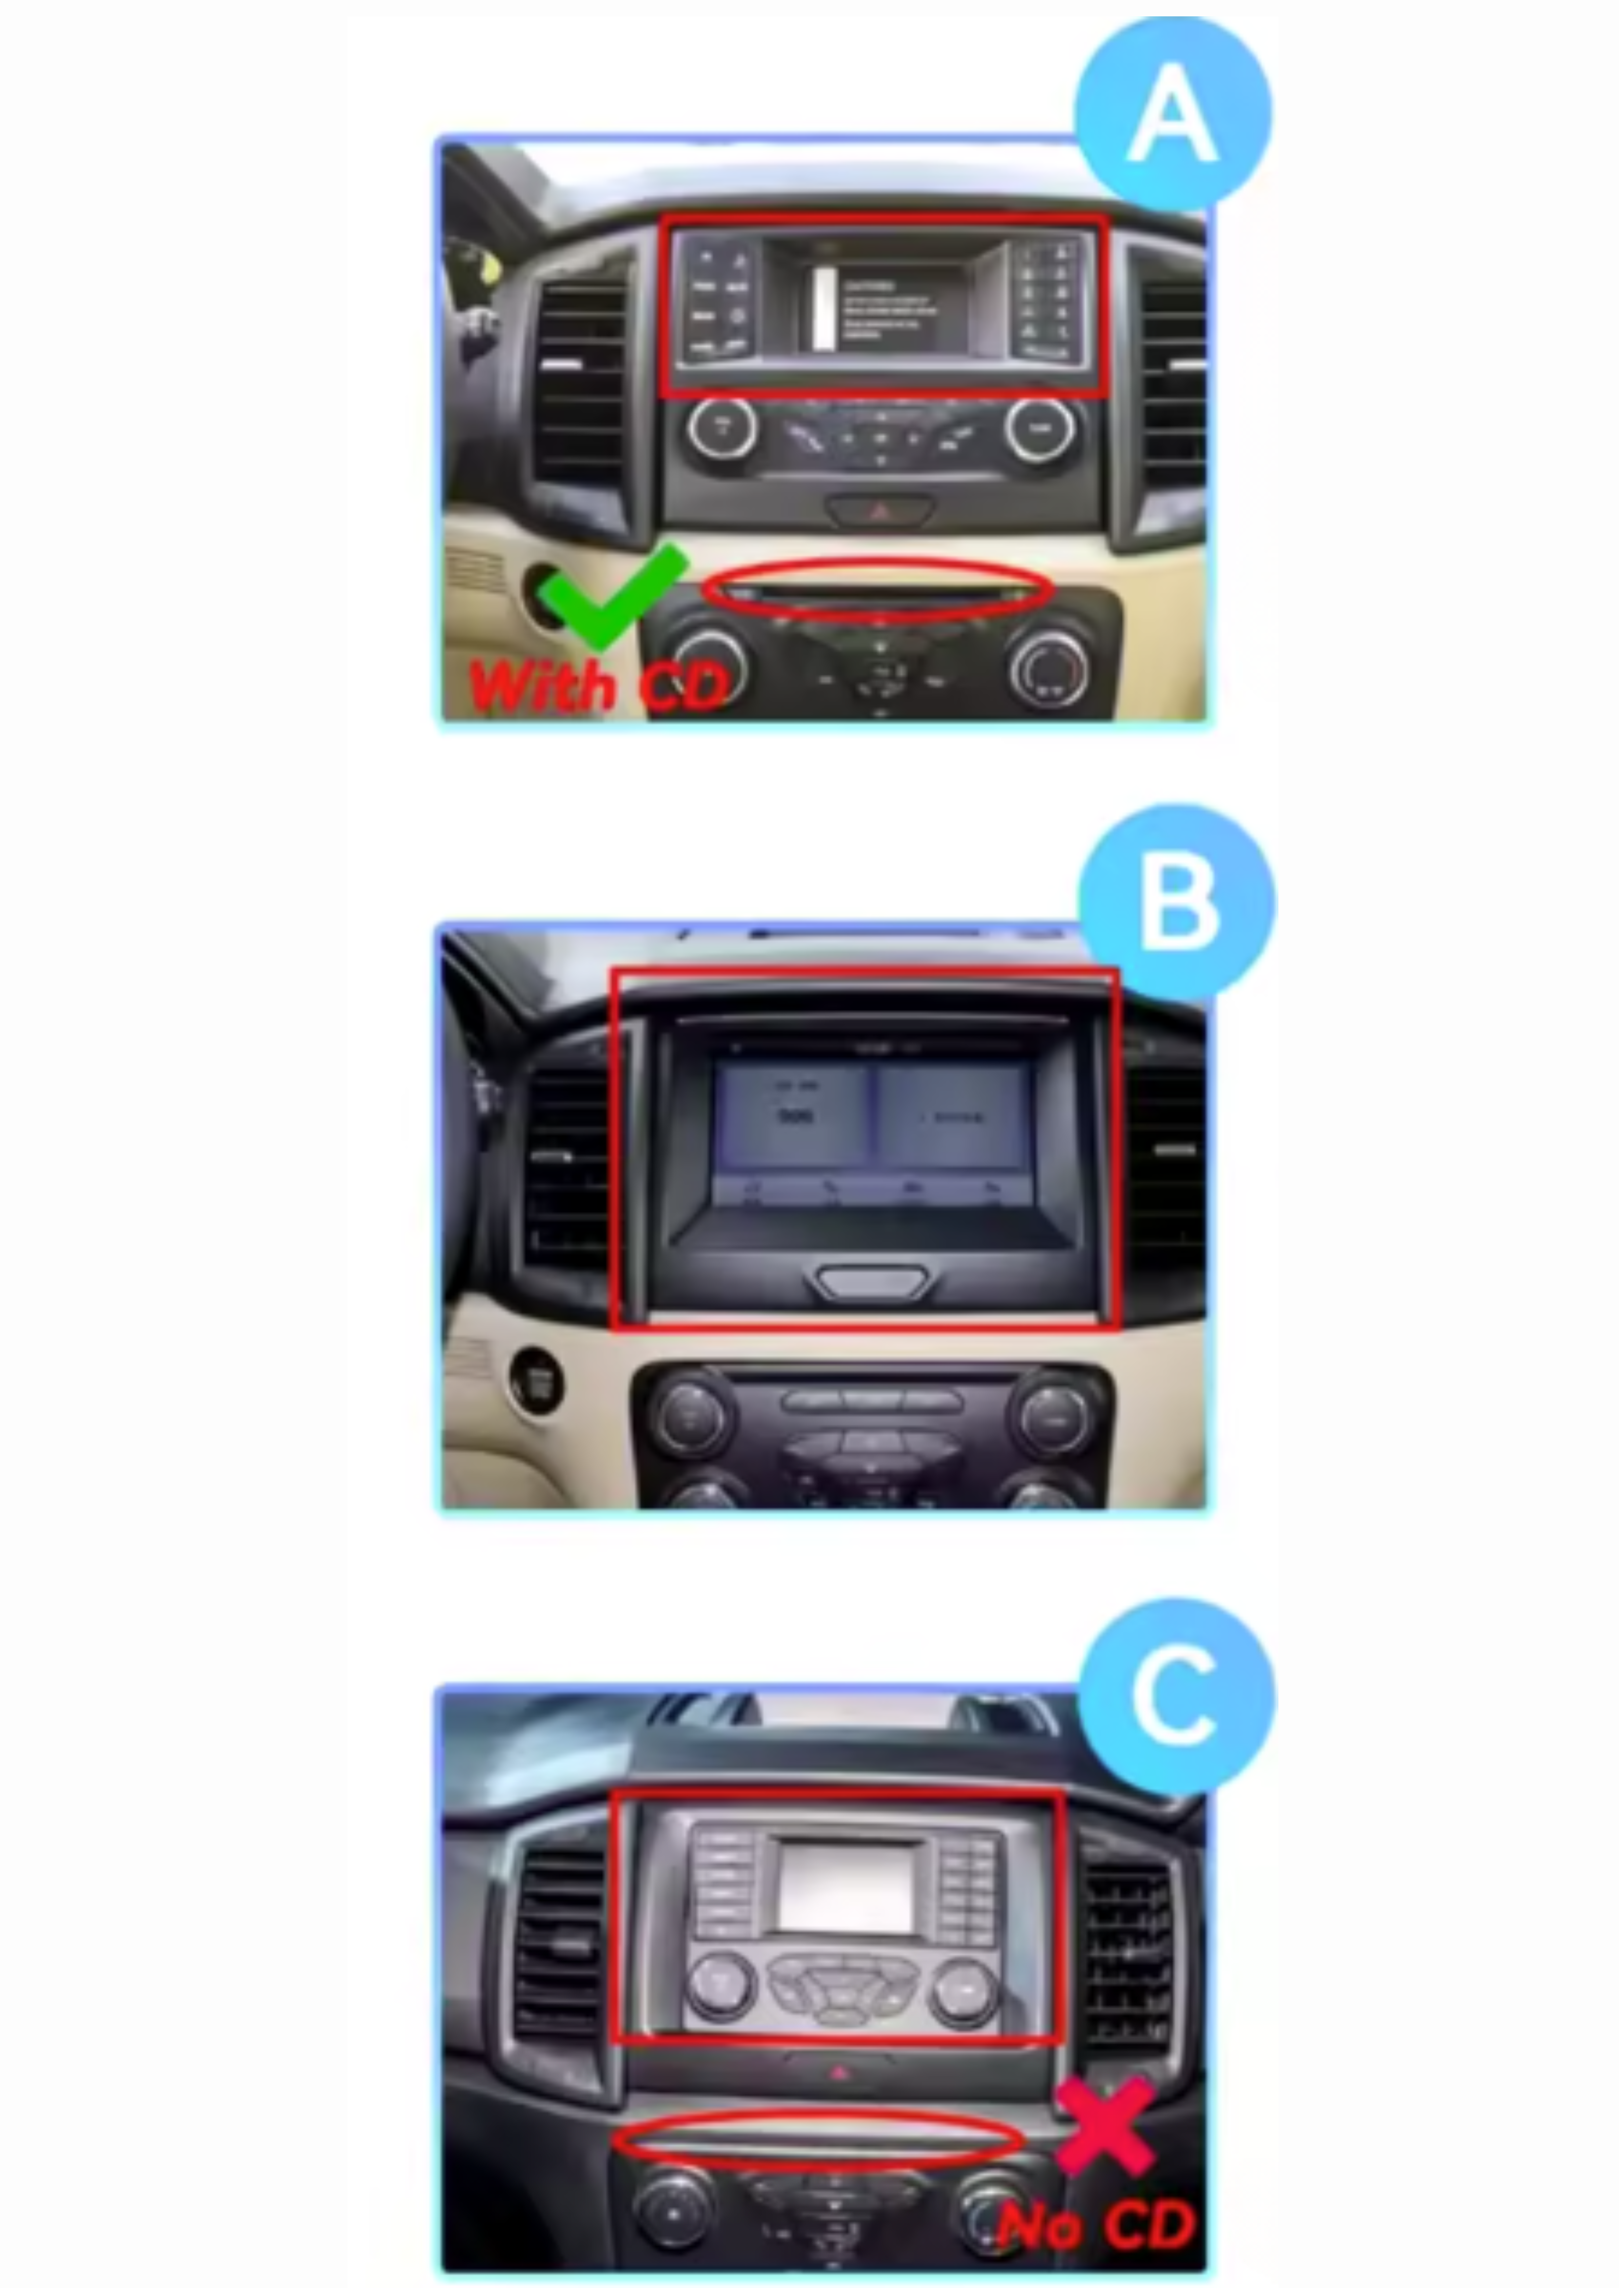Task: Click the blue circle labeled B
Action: (x=1176, y=903)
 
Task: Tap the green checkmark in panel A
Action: (x=610, y=598)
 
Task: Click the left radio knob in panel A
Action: (x=722, y=429)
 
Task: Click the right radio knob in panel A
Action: (x=1039, y=429)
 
